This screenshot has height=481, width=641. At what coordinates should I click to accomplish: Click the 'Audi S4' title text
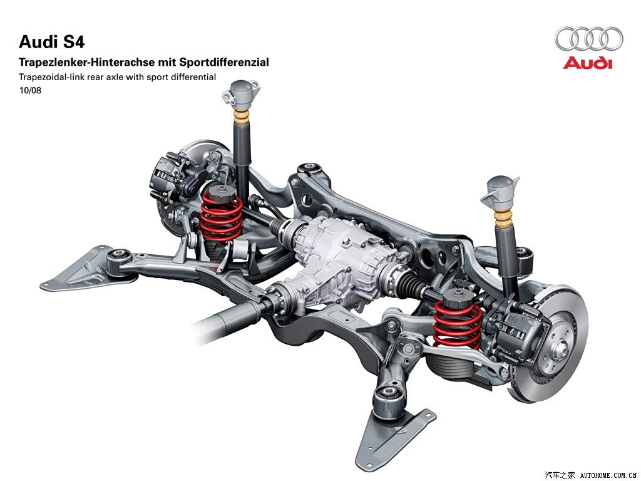(51, 42)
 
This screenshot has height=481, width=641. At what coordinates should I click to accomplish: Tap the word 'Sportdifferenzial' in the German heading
(224, 62)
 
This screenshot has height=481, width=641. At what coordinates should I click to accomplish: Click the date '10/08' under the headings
(30, 90)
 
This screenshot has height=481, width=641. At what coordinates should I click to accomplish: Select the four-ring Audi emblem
(588, 39)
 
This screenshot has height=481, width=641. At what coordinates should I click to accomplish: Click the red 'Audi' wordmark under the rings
(587, 63)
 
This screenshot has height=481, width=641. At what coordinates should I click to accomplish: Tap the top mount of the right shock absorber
(500, 192)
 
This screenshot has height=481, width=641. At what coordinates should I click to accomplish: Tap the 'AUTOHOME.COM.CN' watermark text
(608, 475)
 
